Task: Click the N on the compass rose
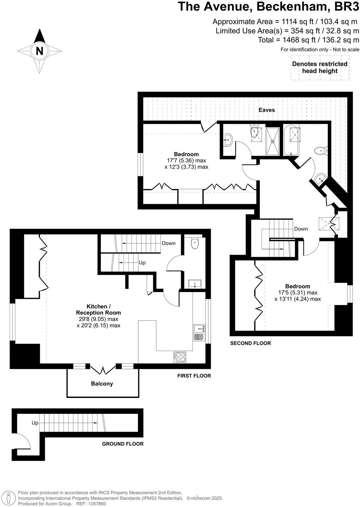(x=40, y=51)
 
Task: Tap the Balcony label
(x=102, y=384)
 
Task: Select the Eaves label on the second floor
(x=267, y=110)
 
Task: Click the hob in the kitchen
(x=179, y=357)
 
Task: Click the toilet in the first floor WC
(x=195, y=243)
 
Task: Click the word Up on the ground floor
(x=35, y=423)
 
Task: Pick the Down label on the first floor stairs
(x=168, y=243)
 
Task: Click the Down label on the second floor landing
(x=301, y=229)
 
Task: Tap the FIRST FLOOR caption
(x=194, y=376)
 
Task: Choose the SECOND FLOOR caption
(x=250, y=343)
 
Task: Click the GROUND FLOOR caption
(x=123, y=444)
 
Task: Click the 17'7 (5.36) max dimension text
(x=186, y=161)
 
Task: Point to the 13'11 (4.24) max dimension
(x=298, y=299)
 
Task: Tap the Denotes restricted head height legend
(x=319, y=67)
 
